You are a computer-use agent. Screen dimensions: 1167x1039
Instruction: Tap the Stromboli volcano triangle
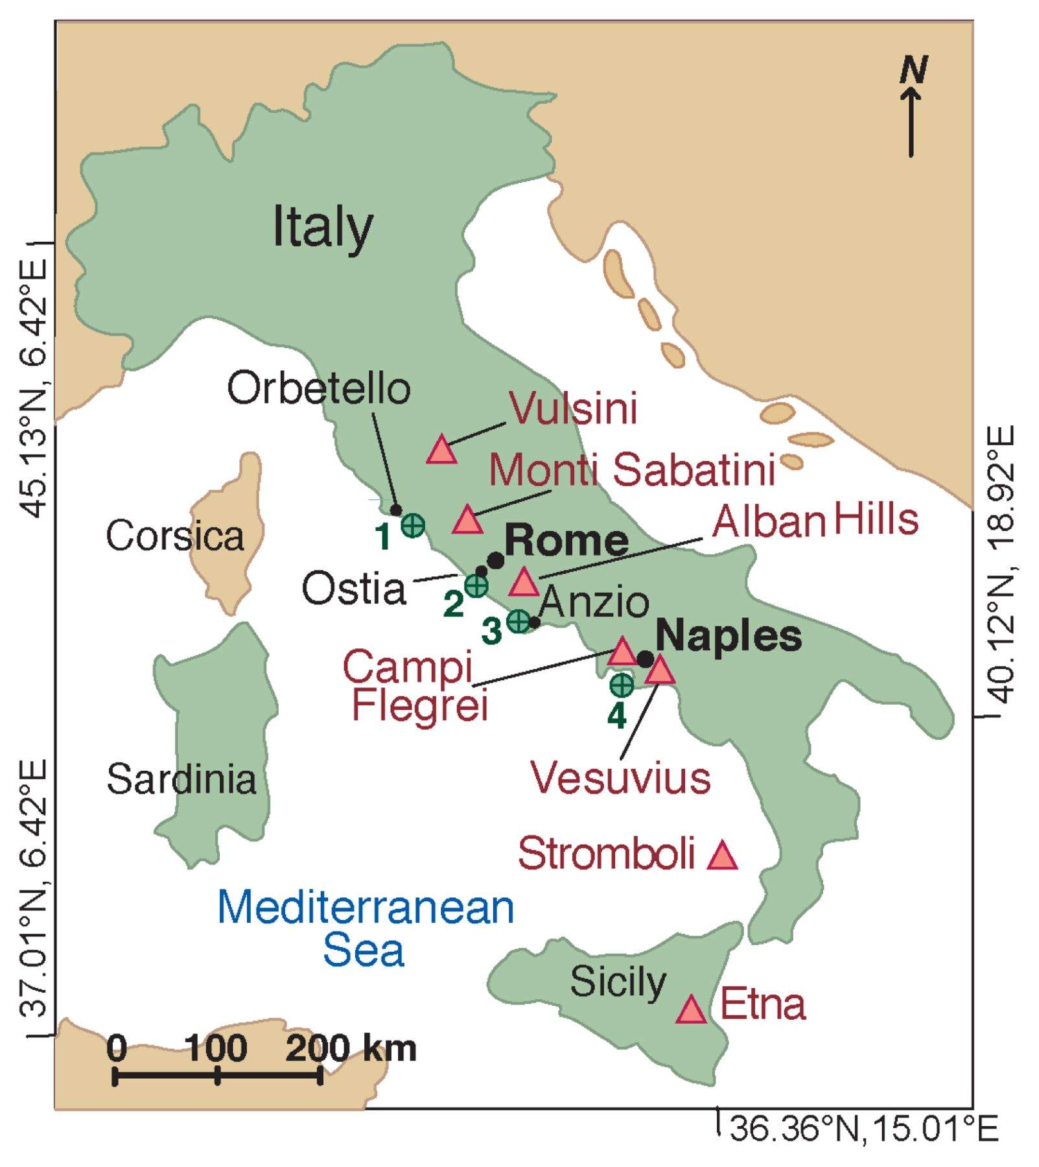point(722,856)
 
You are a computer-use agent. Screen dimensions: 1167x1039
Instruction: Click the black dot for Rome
point(496,560)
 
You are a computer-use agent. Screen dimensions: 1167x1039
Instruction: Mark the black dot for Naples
point(645,659)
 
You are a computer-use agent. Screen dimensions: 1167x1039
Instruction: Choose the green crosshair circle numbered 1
point(413,525)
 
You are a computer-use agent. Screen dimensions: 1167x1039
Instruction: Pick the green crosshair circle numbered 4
point(622,685)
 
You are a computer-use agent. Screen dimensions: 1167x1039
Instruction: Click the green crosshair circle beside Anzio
point(518,622)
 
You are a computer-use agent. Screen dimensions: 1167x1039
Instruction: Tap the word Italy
point(322,228)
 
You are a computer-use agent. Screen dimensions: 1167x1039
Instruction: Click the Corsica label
point(175,536)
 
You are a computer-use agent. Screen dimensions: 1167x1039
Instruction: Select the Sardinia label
point(181,779)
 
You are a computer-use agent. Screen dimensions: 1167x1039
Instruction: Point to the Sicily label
point(618,982)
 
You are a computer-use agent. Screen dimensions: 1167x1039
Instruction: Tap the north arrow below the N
point(911,123)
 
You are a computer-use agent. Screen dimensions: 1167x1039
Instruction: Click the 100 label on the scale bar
point(216,1048)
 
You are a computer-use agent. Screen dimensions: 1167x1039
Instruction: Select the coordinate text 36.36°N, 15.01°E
point(863,1129)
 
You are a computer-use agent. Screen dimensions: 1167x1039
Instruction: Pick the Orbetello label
point(318,388)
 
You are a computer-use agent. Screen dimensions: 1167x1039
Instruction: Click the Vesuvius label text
point(620,777)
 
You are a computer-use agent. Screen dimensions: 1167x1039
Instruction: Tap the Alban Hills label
point(815,521)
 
